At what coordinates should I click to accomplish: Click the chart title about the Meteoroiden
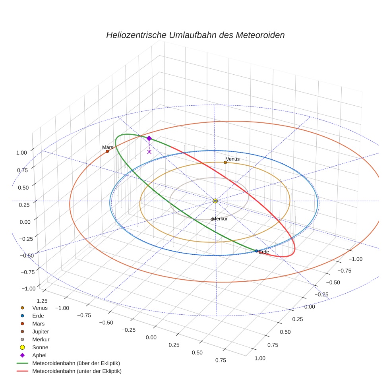195,35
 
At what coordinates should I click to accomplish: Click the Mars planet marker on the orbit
107,151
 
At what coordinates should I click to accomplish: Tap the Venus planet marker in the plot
225,162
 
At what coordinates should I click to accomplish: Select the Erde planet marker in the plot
256,251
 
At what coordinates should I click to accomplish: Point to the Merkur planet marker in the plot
212,219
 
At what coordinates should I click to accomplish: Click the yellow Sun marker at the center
215,201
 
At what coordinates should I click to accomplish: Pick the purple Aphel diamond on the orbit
149,138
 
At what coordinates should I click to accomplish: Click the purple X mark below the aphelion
149,151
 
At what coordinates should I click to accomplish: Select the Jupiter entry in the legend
40,331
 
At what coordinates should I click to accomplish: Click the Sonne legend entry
40,347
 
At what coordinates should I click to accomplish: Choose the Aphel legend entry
39,355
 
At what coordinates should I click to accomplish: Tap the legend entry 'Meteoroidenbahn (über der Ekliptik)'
76,363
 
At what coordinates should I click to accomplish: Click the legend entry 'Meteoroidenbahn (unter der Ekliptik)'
77,371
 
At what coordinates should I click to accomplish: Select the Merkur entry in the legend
41,339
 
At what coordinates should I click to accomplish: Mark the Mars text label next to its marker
107,147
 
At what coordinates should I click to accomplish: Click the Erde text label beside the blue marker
264,252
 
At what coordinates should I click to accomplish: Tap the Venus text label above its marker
233,159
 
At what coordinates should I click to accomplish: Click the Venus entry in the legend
40,308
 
